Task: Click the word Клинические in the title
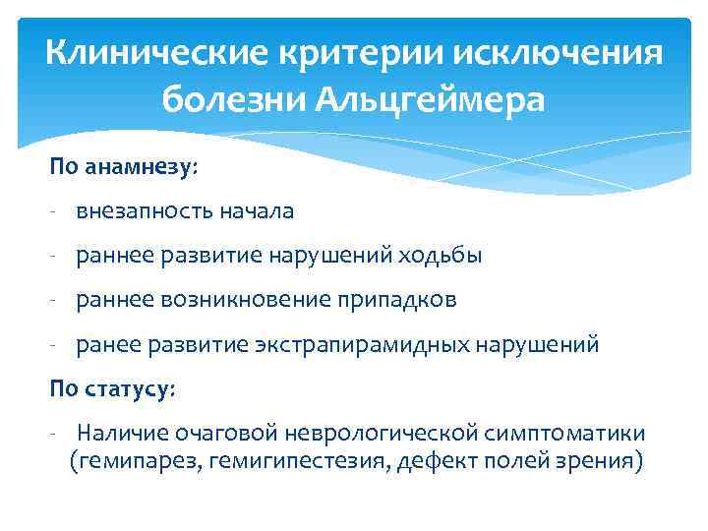pyautogui.click(x=142, y=53)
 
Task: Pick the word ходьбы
pyautogui.click(x=441, y=256)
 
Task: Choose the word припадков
pyautogui.click(x=397, y=300)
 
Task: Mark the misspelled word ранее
pyautogui.click(x=109, y=345)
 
